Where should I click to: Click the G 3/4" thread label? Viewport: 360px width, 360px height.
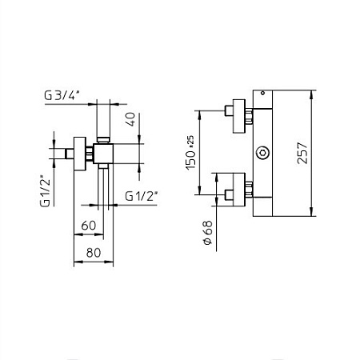pos(62,95)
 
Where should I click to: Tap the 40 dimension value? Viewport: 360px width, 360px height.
pos(131,119)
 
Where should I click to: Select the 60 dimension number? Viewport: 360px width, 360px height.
pos(89,226)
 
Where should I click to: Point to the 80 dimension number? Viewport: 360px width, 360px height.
pos(94,253)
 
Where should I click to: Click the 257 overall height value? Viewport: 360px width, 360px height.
pos(302,153)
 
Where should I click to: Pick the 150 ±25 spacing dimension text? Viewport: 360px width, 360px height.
pos(190,153)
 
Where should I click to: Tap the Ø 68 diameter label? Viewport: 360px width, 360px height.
pos(208,233)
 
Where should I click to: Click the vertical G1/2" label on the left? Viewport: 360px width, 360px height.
pos(45,191)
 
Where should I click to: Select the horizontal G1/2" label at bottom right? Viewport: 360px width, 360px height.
pos(141,196)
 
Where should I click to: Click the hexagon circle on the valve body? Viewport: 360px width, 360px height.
pos(262,153)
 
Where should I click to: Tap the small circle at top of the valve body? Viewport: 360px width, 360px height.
pos(262,93)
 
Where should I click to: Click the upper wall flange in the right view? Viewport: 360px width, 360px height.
pos(239,116)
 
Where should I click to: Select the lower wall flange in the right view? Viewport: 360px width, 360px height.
pos(239,190)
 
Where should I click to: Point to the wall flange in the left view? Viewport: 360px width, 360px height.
pos(80,154)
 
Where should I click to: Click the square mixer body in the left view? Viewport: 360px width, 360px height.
pos(103,154)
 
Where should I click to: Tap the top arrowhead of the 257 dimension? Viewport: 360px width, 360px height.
pos(311,94)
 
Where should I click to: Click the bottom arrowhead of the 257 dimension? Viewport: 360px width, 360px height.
pos(311,212)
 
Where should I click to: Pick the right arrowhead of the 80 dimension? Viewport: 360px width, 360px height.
pos(110,262)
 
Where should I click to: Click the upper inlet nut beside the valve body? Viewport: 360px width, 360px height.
pos(249,116)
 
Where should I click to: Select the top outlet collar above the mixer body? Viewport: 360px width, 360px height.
pos(103,140)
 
